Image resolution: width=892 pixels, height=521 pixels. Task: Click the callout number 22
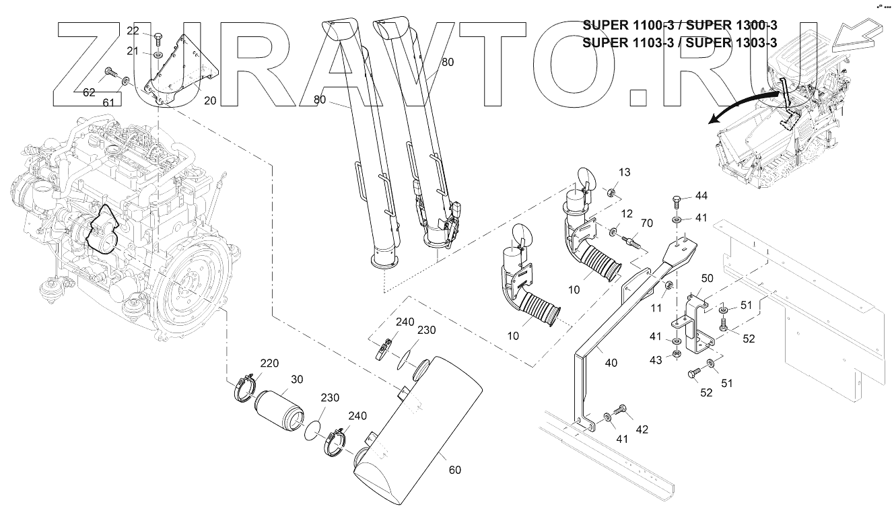point(133,31)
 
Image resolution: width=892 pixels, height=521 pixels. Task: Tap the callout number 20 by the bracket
point(210,100)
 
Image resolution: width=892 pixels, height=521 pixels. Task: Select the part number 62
point(89,94)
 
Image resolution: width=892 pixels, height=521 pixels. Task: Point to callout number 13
point(625,173)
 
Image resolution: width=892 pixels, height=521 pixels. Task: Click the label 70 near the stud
point(647,223)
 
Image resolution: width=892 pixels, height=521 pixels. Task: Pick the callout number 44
point(702,196)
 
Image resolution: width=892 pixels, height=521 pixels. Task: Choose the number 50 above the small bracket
point(708,278)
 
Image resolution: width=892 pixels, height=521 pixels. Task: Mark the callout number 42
point(642,429)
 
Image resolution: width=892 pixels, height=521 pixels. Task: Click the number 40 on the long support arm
point(611,363)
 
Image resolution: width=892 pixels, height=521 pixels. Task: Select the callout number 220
point(269,363)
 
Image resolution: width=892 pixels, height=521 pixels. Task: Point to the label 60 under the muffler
point(455,470)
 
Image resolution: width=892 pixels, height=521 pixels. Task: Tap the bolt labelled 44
point(678,200)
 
